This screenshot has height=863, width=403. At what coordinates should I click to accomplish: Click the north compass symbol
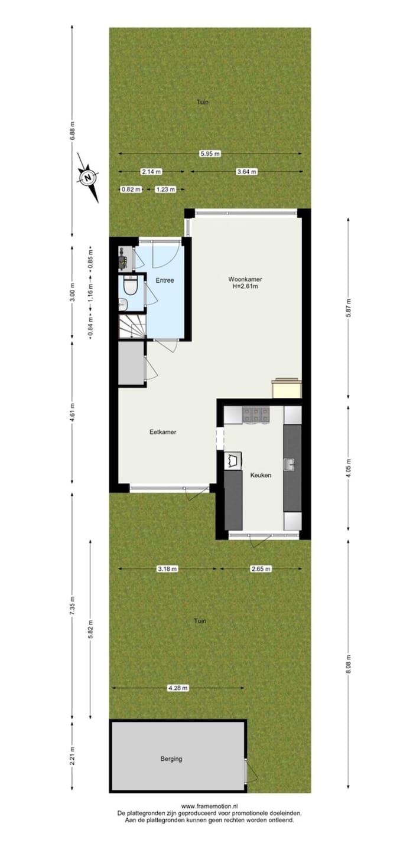pyautogui.click(x=87, y=176)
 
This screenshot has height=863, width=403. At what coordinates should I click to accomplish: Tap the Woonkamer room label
pyautogui.click(x=245, y=279)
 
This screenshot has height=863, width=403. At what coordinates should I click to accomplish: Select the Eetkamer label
pyautogui.click(x=162, y=431)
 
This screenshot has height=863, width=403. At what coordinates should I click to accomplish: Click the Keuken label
pyautogui.click(x=261, y=475)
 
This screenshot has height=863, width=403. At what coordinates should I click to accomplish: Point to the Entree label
pyautogui.click(x=165, y=280)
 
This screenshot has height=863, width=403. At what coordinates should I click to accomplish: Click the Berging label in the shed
pyautogui.click(x=171, y=759)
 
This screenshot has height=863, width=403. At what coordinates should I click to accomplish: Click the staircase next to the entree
pyautogui.click(x=132, y=326)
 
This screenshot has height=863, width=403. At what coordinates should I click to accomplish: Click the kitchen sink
pyautogui.click(x=290, y=465)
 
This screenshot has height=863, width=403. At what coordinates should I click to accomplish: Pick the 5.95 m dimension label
pyautogui.click(x=210, y=154)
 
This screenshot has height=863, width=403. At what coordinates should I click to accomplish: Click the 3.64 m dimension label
pyautogui.click(x=246, y=172)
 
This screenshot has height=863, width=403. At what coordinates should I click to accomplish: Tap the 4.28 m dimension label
pyautogui.click(x=177, y=688)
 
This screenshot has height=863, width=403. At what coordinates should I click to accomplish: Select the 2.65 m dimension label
pyautogui.click(x=261, y=569)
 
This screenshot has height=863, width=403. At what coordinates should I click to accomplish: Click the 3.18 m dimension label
pyautogui.click(x=167, y=569)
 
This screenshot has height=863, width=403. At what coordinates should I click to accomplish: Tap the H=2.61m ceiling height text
pyautogui.click(x=246, y=287)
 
